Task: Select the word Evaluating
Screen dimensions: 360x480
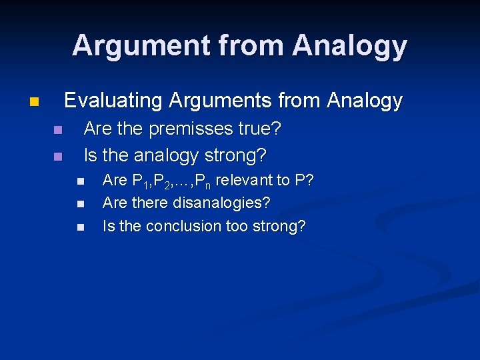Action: coord(113,101)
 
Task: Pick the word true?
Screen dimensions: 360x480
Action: coord(260,129)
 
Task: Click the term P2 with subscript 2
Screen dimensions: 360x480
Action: coord(163,181)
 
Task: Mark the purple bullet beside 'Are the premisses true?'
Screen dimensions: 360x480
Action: coord(57,129)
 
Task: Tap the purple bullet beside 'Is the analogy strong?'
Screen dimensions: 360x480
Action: coord(57,157)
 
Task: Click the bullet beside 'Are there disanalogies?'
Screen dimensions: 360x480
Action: coord(81,203)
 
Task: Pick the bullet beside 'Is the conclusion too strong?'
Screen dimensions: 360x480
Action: coord(81,227)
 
